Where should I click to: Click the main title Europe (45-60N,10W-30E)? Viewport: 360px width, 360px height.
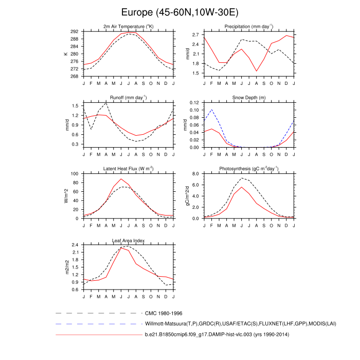180,12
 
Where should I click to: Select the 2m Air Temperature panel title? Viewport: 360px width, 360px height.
129,27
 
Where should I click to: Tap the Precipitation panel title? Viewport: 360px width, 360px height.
249,27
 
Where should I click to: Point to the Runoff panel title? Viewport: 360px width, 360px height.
129,98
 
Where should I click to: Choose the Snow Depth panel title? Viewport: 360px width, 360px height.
249,98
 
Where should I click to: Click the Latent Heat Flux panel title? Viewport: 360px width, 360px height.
129,169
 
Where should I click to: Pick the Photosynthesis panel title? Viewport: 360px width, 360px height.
249,169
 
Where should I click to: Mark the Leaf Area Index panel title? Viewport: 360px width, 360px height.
129,240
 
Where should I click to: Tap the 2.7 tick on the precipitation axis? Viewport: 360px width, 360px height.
195,34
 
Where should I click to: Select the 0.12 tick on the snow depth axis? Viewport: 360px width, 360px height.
193,103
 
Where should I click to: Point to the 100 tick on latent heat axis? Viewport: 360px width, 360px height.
74,174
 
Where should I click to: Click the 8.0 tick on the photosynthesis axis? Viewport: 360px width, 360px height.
195,174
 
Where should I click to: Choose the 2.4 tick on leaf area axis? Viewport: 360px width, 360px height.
75,245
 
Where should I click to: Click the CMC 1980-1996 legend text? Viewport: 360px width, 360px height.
164,313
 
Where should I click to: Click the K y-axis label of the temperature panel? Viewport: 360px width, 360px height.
65,53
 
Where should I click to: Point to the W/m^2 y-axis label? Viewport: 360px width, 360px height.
65,196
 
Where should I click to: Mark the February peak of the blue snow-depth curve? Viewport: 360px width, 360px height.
212,110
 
